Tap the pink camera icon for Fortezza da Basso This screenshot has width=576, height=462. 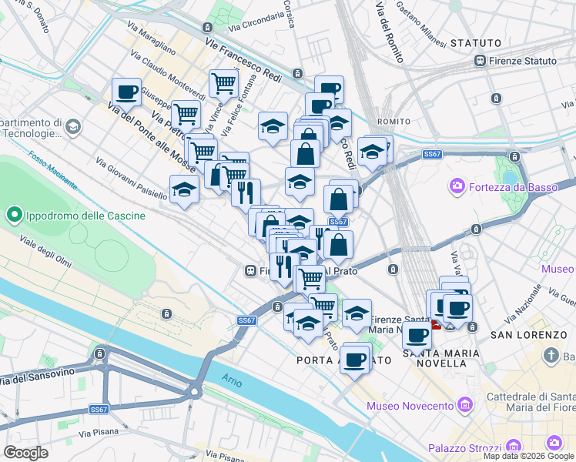tap(457, 186)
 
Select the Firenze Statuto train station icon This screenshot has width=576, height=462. tap(480, 61)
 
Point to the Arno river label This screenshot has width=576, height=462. tap(231, 379)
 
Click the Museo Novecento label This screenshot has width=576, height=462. tap(410, 406)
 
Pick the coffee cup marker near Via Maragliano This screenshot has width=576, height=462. tap(126, 92)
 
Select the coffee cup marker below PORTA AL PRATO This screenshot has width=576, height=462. tap(354, 359)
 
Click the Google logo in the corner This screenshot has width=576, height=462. tap(25, 453)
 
